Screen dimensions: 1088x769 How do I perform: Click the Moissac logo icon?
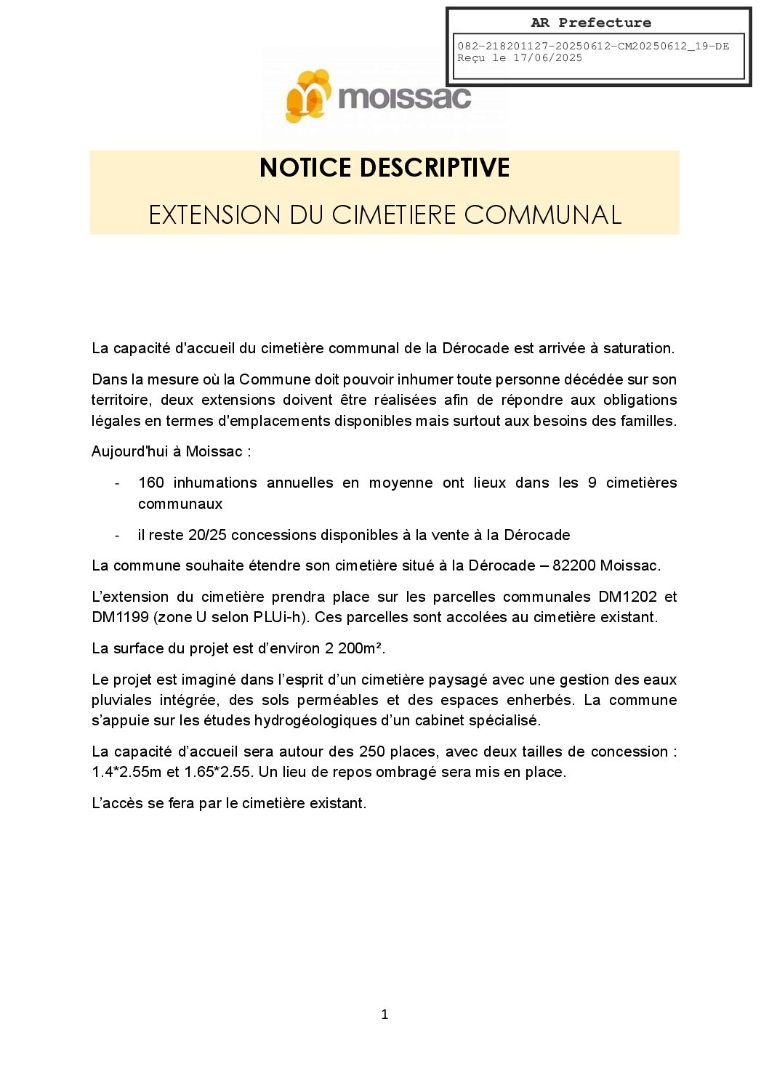[x=308, y=96]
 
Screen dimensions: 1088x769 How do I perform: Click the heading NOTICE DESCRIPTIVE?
[x=384, y=168]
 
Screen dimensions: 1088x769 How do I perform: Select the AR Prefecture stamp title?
[x=591, y=23]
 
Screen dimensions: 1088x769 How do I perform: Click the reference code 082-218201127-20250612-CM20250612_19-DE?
[x=593, y=47]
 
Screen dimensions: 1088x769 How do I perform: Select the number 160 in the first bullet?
[x=151, y=483]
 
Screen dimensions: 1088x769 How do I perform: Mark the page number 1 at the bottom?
[x=384, y=1015]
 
